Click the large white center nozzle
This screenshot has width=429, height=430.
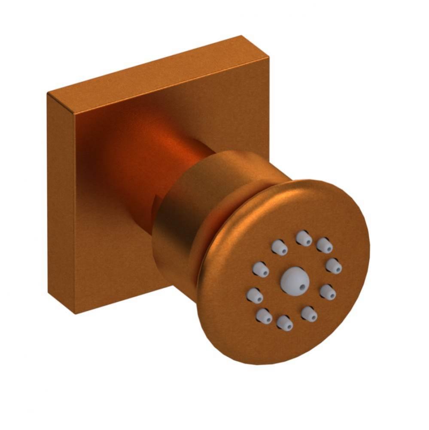pos(295,280)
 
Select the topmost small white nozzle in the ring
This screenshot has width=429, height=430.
pos(304,238)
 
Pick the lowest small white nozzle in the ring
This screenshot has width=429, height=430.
pos(284,322)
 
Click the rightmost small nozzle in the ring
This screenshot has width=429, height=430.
pos(334,265)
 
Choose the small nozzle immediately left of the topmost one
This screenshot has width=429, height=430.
pos(279,247)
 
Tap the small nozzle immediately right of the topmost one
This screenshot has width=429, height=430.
pos(325,245)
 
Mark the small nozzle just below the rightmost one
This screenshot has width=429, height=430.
pos(328,292)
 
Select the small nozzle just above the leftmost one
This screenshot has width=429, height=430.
pos(261,270)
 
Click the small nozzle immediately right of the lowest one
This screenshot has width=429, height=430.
pos(309,313)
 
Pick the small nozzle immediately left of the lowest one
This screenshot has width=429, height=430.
pos(264,316)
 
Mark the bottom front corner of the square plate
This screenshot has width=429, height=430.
pos(76,313)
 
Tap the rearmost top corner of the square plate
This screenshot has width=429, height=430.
pos(241,36)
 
